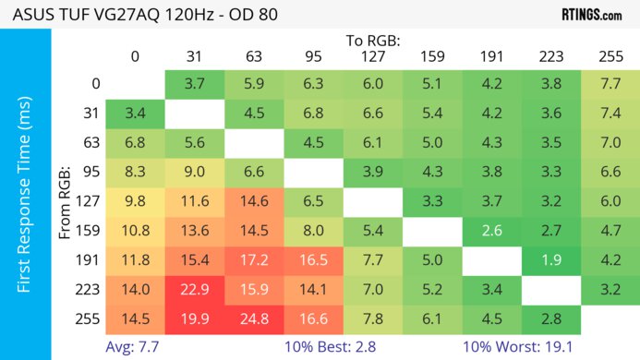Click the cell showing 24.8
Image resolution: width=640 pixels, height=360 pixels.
click(254, 318)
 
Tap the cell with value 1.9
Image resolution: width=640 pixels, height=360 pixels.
click(550, 260)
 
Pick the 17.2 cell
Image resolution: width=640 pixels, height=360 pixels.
click(254, 260)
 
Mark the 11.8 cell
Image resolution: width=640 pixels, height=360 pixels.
click(136, 260)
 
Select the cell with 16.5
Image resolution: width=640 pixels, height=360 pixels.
click(313, 260)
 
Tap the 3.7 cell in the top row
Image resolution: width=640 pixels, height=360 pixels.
click(195, 84)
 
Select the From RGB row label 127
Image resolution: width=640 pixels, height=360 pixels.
click(91, 201)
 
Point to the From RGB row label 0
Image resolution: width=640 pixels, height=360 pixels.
click(95, 84)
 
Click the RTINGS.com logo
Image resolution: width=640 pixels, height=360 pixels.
click(591, 15)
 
